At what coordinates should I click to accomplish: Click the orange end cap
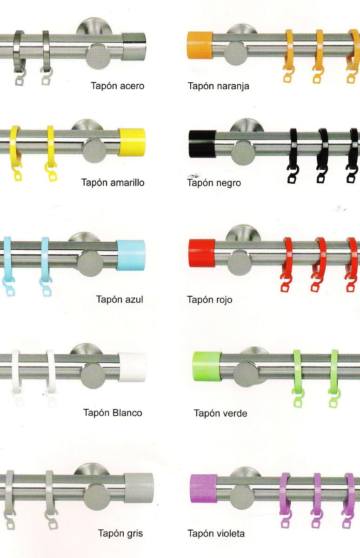(200, 45)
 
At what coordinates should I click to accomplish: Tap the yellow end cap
(131, 142)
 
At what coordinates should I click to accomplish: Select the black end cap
(202, 144)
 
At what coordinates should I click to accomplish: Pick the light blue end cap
(130, 255)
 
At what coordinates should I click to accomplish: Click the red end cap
(202, 253)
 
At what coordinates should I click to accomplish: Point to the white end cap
(132, 367)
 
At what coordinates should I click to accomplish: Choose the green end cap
(207, 366)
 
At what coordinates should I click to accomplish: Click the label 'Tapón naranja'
(218, 86)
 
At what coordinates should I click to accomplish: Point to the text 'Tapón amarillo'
(113, 183)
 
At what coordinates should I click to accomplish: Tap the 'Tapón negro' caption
(214, 183)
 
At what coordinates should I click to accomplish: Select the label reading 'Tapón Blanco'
(113, 413)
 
